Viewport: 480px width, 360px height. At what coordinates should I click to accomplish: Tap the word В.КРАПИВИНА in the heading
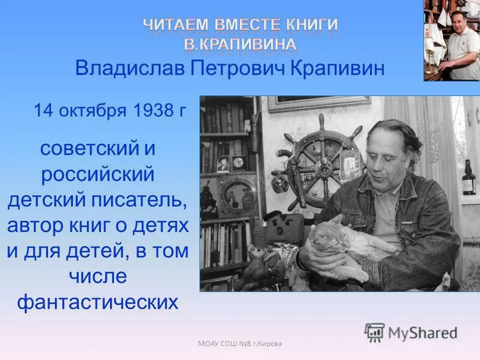[x=240, y=43]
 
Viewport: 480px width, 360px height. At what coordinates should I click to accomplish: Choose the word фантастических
[x=97, y=301]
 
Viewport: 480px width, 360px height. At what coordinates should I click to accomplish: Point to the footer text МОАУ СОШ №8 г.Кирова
[x=240, y=343]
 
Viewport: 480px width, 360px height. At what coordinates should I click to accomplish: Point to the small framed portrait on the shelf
[x=223, y=164]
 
